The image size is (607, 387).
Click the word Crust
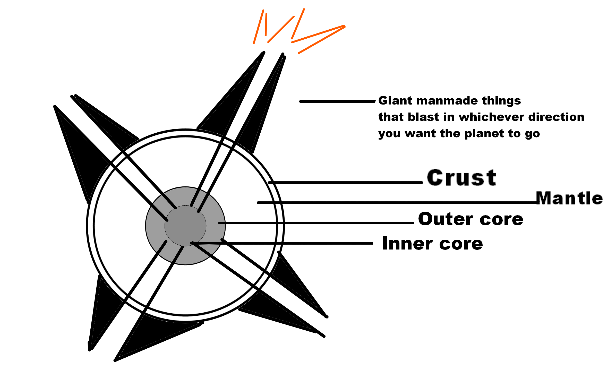461,178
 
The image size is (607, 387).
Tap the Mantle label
569,198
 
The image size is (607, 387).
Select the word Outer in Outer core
446,219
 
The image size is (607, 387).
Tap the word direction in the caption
556,117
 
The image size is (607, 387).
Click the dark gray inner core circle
185,226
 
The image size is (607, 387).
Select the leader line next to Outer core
317,223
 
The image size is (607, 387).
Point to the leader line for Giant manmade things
337,101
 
